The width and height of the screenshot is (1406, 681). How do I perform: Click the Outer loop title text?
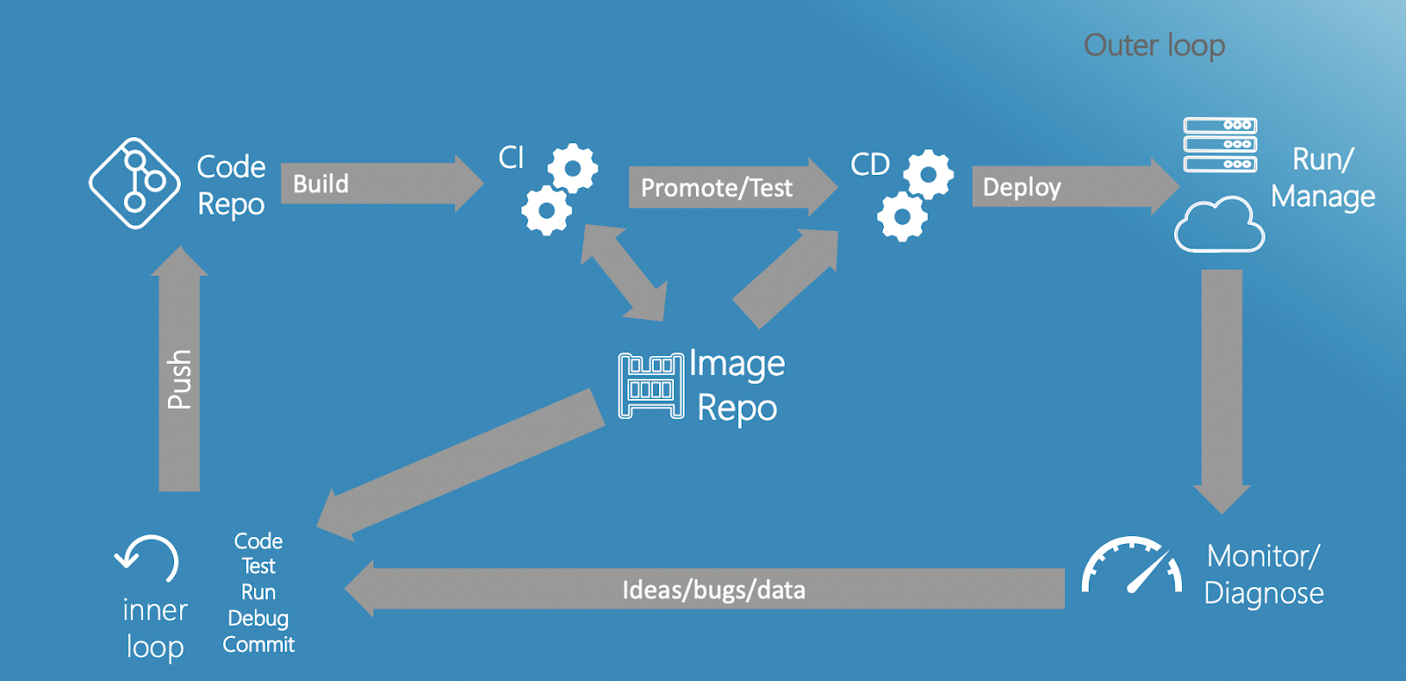[1154, 46]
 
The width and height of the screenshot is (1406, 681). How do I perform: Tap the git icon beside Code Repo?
[134, 183]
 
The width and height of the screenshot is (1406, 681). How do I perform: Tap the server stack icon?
[1220, 145]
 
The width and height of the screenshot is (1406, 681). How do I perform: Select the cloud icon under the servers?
[1219, 226]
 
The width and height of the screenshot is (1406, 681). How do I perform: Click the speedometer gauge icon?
[1132, 566]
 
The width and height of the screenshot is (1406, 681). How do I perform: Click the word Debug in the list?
[258, 618]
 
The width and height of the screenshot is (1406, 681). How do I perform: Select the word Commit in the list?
[258, 644]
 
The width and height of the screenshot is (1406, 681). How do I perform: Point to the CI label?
[511, 157]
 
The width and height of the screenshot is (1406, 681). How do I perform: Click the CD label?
[870, 164]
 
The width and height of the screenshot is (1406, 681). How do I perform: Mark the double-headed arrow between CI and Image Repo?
[624, 272]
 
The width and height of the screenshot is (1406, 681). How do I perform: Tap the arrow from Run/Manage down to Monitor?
[1221, 387]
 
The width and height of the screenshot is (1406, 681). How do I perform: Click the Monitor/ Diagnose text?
[1264, 574]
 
